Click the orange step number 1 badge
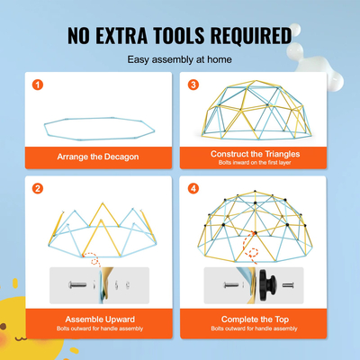(x=38, y=85)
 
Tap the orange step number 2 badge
(x=38, y=189)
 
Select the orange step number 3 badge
(x=193, y=85)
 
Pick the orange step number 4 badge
(x=193, y=189)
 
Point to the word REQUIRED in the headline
(x=251, y=35)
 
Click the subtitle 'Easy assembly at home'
(x=179, y=59)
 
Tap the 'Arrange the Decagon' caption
(x=100, y=156)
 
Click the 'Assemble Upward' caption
(x=100, y=319)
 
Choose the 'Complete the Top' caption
(x=255, y=319)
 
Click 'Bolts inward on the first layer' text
(x=255, y=163)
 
